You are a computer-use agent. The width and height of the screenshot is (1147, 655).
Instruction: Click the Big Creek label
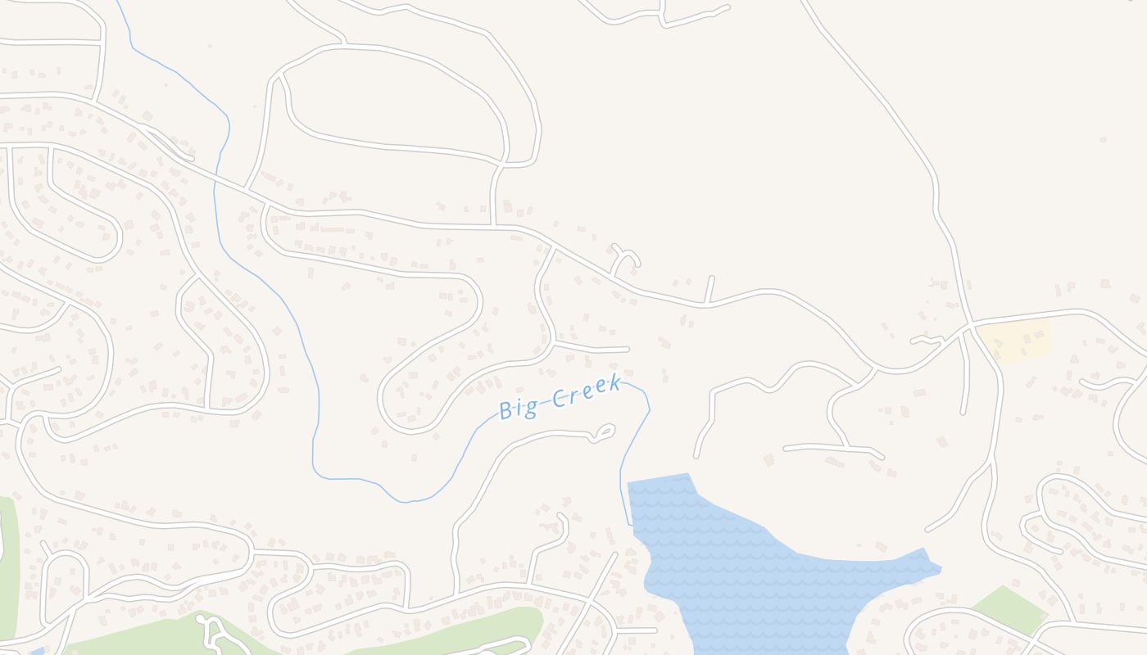click(x=559, y=399)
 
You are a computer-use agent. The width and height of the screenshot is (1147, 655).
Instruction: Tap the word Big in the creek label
click(x=516, y=408)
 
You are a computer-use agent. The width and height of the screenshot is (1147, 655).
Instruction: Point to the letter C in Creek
click(x=560, y=398)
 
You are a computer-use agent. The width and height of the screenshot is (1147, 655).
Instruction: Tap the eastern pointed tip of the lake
click(x=940, y=567)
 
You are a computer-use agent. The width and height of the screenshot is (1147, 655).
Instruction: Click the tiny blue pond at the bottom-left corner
click(x=37, y=651)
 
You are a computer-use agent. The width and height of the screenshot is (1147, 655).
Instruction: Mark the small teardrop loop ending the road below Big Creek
click(x=605, y=432)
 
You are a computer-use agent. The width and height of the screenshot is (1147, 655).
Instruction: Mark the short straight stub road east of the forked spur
click(x=710, y=290)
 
